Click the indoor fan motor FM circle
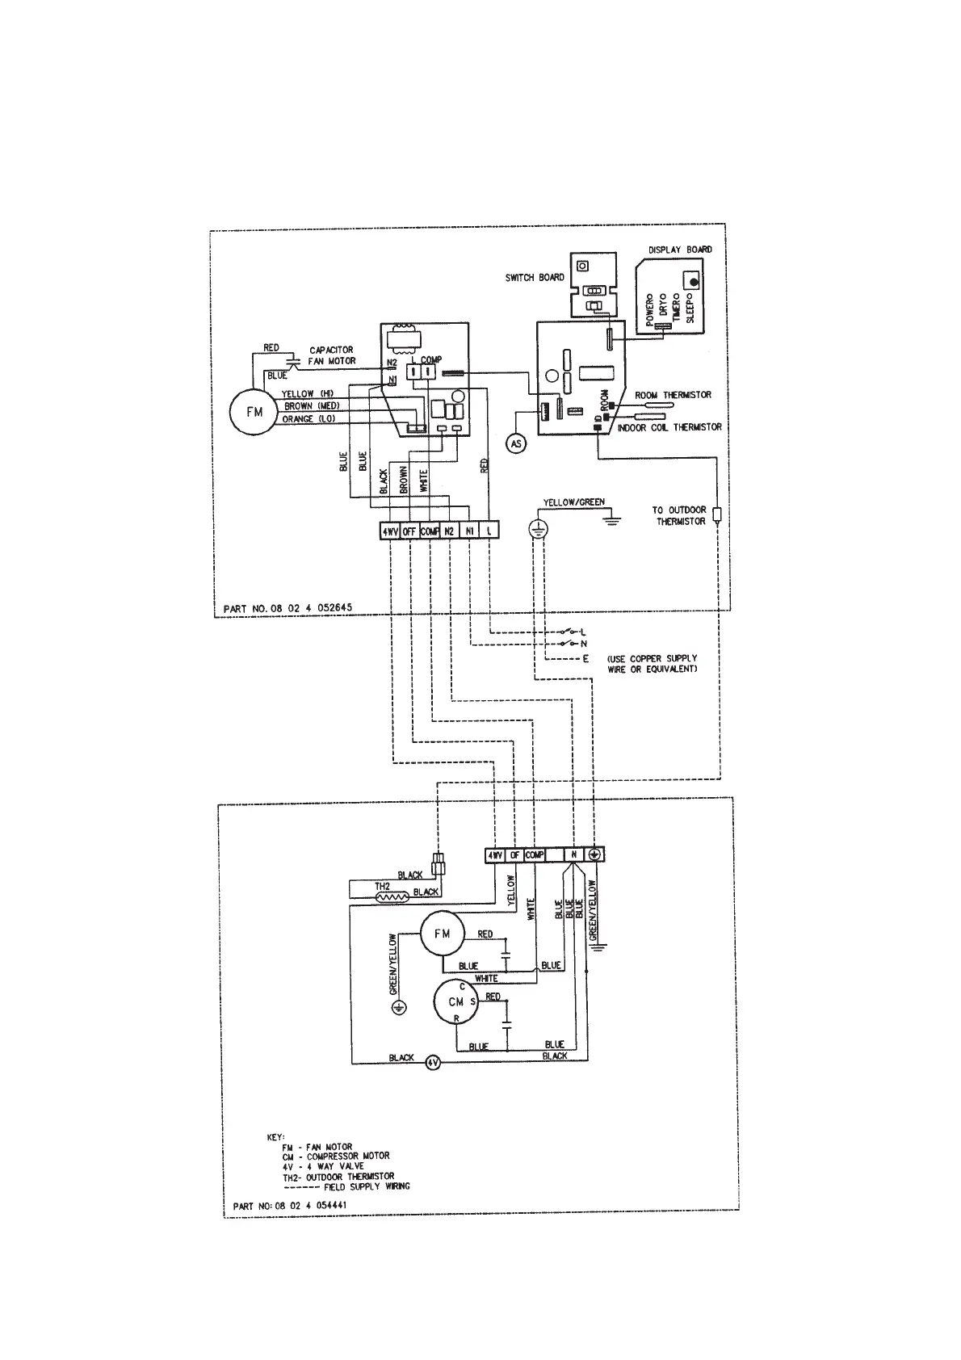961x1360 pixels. coord(254,412)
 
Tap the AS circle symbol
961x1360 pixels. coord(515,443)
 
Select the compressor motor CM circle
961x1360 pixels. coord(455,1002)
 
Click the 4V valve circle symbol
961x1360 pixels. coord(433,1063)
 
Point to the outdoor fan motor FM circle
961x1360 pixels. coord(442,934)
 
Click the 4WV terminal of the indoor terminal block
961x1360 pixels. coord(390,531)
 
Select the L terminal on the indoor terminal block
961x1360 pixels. coord(489,531)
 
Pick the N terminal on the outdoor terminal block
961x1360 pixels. coord(573,854)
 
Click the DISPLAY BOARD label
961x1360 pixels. coord(680,250)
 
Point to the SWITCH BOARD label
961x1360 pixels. coord(535,278)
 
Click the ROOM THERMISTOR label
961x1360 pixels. coord(673,395)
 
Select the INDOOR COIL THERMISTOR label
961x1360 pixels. coord(669,427)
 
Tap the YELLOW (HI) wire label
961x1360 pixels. coord(308,394)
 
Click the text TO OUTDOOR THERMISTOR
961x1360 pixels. coord(678,515)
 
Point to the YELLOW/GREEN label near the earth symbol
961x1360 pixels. coord(573,502)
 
